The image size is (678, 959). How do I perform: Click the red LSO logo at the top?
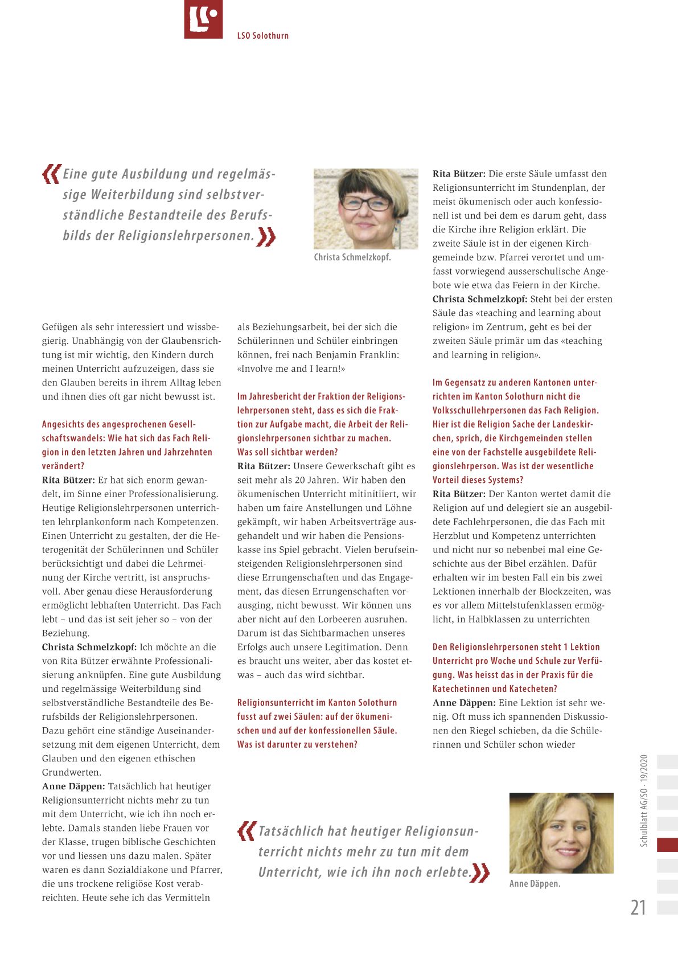(x=203, y=19)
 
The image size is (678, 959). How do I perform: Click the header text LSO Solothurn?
(x=262, y=36)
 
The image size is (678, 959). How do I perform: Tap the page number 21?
(x=638, y=907)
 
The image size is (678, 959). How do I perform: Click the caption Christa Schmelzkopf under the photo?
(x=352, y=257)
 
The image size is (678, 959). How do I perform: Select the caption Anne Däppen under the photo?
(x=535, y=884)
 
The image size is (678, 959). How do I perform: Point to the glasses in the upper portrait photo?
(x=366, y=203)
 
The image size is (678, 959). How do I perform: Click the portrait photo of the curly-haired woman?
(x=561, y=833)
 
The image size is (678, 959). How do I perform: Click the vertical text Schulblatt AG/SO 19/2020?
(x=644, y=801)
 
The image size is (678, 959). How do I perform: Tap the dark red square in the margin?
(x=667, y=845)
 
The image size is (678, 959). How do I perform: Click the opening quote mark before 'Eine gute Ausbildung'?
(x=51, y=174)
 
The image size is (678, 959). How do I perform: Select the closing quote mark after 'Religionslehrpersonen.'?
(x=266, y=236)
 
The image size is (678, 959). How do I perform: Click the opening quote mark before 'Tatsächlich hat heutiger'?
(x=246, y=831)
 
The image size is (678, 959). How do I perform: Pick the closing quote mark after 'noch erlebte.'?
(x=480, y=872)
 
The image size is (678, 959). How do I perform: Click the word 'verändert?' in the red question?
(x=63, y=466)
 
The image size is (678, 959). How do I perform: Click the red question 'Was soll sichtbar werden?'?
(x=287, y=452)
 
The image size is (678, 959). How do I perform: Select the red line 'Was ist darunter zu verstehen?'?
(x=297, y=744)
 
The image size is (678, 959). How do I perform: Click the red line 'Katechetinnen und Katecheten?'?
(x=495, y=688)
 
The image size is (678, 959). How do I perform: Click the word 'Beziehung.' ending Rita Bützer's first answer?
(x=65, y=633)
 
